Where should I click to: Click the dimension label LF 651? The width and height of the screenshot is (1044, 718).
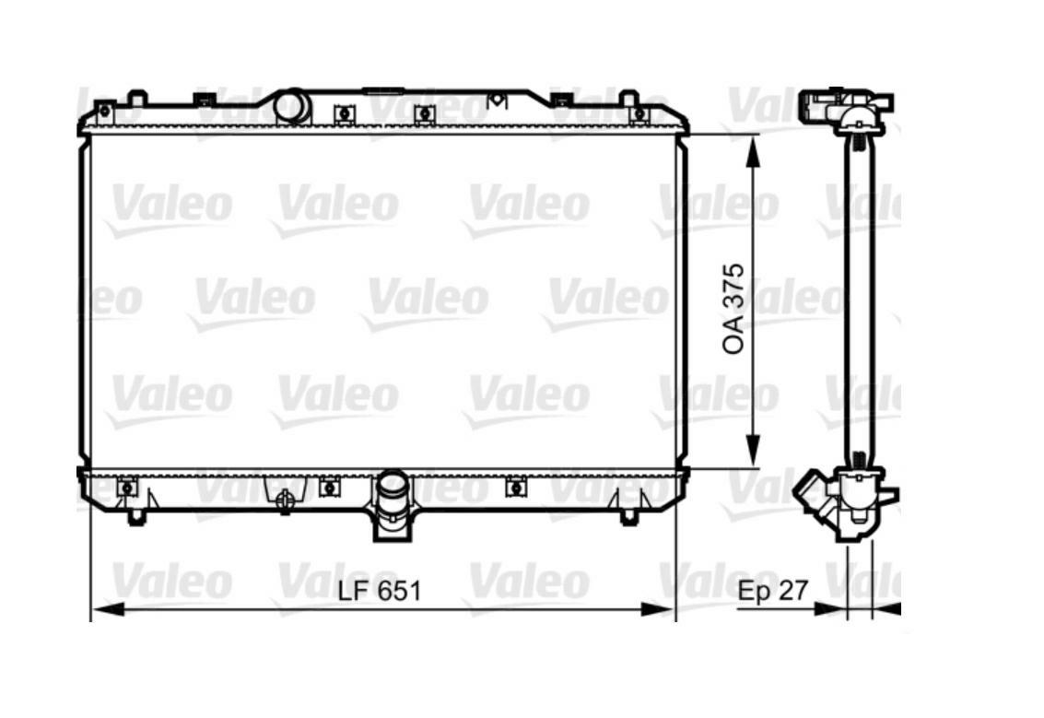pyautogui.click(x=379, y=590)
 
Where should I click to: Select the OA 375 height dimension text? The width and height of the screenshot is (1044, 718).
pyautogui.click(x=733, y=309)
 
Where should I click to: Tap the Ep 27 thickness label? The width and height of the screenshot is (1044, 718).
pyautogui.click(x=772, y=590)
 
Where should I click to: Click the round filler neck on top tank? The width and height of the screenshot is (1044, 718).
pyautogui.click(x=291, y=107)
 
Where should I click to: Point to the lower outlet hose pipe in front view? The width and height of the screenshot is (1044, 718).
pyautogui.click(x=392, y=505)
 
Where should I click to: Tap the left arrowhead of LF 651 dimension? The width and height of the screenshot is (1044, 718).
pyautogui.click(x=107, y=608)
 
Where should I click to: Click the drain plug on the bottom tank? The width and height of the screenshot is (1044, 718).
pyautogui.click(x=285, y=500)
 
